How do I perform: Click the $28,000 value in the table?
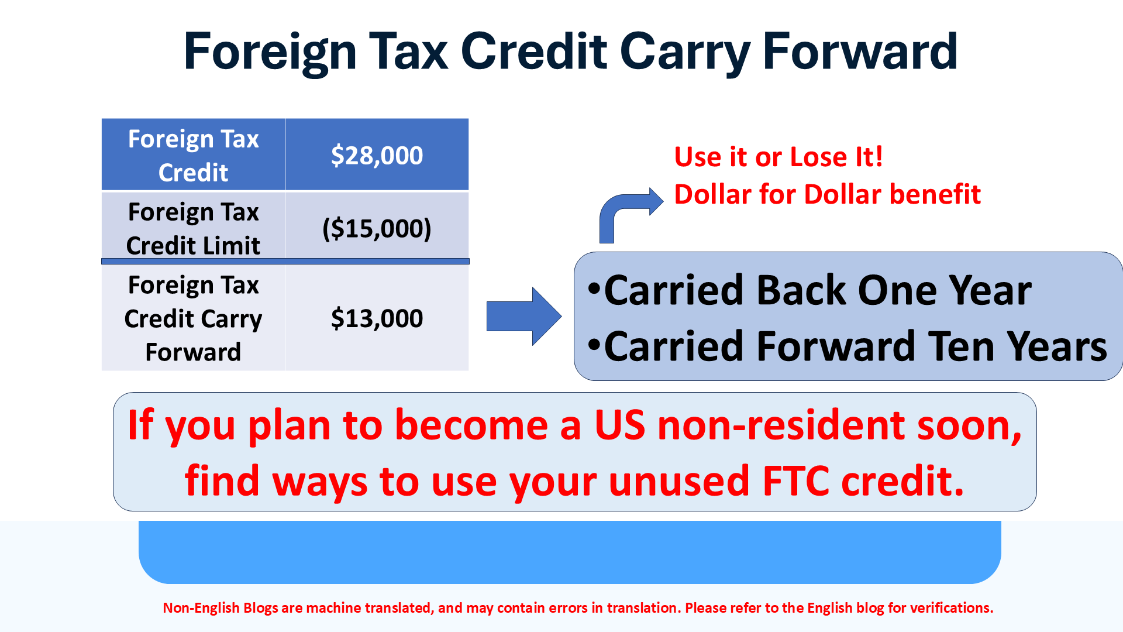(377, 156)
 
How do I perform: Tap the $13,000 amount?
(377, 318)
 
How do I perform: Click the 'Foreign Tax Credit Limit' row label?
(193, 228)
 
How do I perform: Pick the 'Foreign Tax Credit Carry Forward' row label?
(193, 318)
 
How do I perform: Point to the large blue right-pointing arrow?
(524, 316)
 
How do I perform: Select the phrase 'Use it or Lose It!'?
(778, 157)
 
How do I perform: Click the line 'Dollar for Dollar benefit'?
(827, 194)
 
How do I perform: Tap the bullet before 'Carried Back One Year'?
(594, 288)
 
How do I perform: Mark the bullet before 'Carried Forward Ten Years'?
(594, 345)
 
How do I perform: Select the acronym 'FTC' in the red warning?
(796, 481)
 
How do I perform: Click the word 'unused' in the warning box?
(679, 481)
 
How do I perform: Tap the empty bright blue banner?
(570, 552)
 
